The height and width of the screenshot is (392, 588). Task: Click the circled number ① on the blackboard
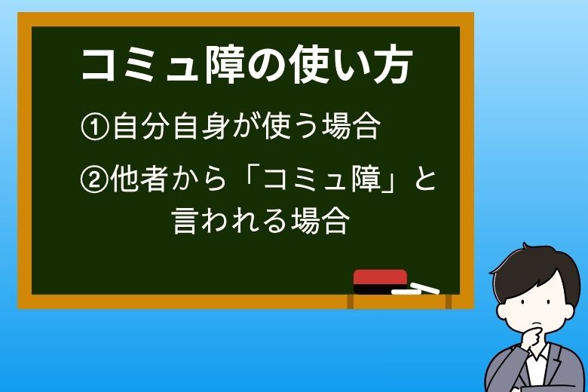click(x=95, y=127)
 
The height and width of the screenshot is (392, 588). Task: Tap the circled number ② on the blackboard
click(x=95, y=182)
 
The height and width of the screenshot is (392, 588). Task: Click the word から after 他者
click(x=193, y=182)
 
